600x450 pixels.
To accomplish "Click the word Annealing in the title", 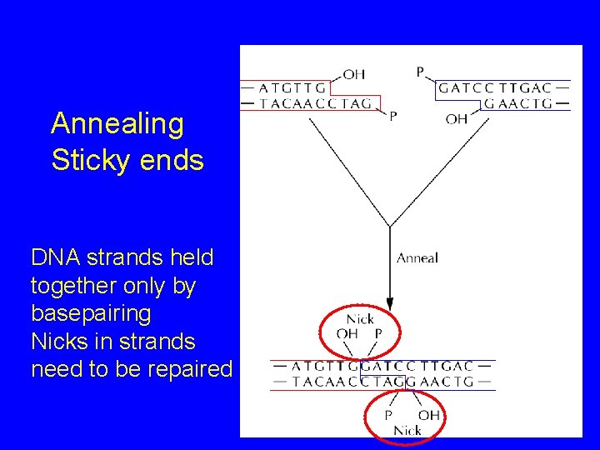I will click(x=117, y=124).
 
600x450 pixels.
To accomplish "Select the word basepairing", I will click(x=91, y=313).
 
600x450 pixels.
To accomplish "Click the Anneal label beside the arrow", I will click(x=417, y=257).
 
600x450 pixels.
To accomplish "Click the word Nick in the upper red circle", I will click(x=360, y=319).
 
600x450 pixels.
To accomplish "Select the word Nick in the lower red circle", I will click(x=407, y=430).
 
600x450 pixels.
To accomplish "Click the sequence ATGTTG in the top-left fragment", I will click(x=292, y=87).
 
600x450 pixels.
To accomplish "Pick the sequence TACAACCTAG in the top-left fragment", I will click(x=316, y=103).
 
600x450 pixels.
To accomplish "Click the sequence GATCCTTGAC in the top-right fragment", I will click(x=495, y=87).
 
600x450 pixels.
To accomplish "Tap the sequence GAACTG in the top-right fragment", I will click(x=518, y=103).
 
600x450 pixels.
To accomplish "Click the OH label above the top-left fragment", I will click(x=353, y=74).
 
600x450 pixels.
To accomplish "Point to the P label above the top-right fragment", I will click(x=420, y=72).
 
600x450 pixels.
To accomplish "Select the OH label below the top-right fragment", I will click(x=456, y=119).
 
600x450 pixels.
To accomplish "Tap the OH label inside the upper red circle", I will click(x=347, y=333).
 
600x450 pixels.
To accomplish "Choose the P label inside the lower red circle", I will click(x=387, y=415).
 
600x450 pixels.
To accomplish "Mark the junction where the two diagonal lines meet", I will click(x=390, y=227).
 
